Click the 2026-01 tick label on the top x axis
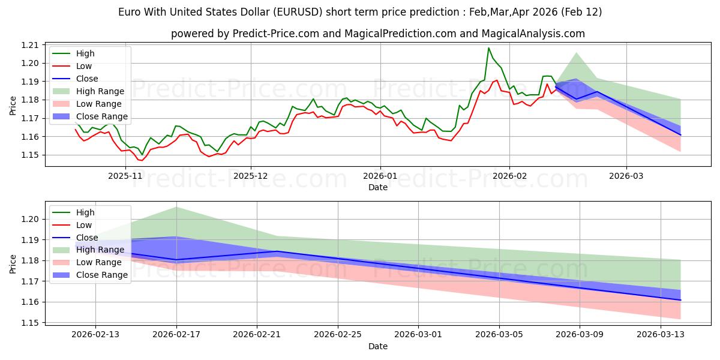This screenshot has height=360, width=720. pos(380,176)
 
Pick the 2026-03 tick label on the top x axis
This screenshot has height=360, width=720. pos(626,176)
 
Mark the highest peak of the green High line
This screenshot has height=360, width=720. pos(488,48)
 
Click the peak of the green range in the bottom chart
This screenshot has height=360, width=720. pos(176,207)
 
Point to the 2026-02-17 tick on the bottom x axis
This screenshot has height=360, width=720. pos(176,334)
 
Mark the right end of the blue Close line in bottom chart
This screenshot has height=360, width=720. pos(680,300)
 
